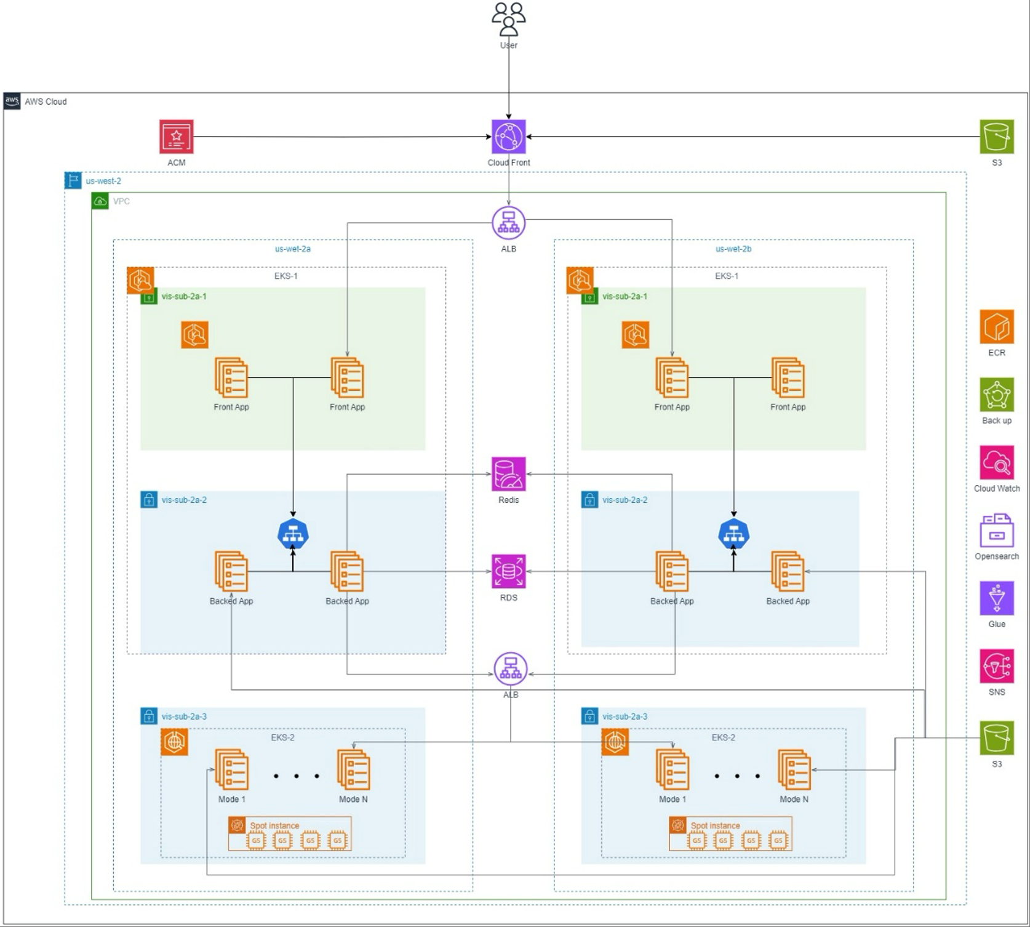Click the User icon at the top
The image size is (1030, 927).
pos(508,19)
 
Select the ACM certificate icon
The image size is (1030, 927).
pos(177,137)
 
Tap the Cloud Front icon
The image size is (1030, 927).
pos(508,137)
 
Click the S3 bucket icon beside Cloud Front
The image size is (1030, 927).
pos(996,137)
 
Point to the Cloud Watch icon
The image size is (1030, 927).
pos(996,462)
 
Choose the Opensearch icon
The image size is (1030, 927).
pos(996,530)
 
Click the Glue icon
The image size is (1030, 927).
pos(996,598)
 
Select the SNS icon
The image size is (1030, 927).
pos(996,666)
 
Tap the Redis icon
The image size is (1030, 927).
pos(508,474)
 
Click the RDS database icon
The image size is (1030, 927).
pos(508,571)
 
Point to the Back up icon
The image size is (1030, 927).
pos(996,395)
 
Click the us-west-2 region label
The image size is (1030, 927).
pos(103,181)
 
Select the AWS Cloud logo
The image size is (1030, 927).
pos(12,102)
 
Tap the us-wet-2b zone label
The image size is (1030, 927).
pos(733,249)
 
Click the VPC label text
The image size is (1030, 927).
pos(121,201)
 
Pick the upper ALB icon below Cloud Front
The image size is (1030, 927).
pos(508,223)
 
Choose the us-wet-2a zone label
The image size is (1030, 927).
pos(292,249)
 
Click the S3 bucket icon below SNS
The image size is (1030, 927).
pos(996,738)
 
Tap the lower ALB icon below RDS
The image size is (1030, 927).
pos(510,669)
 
